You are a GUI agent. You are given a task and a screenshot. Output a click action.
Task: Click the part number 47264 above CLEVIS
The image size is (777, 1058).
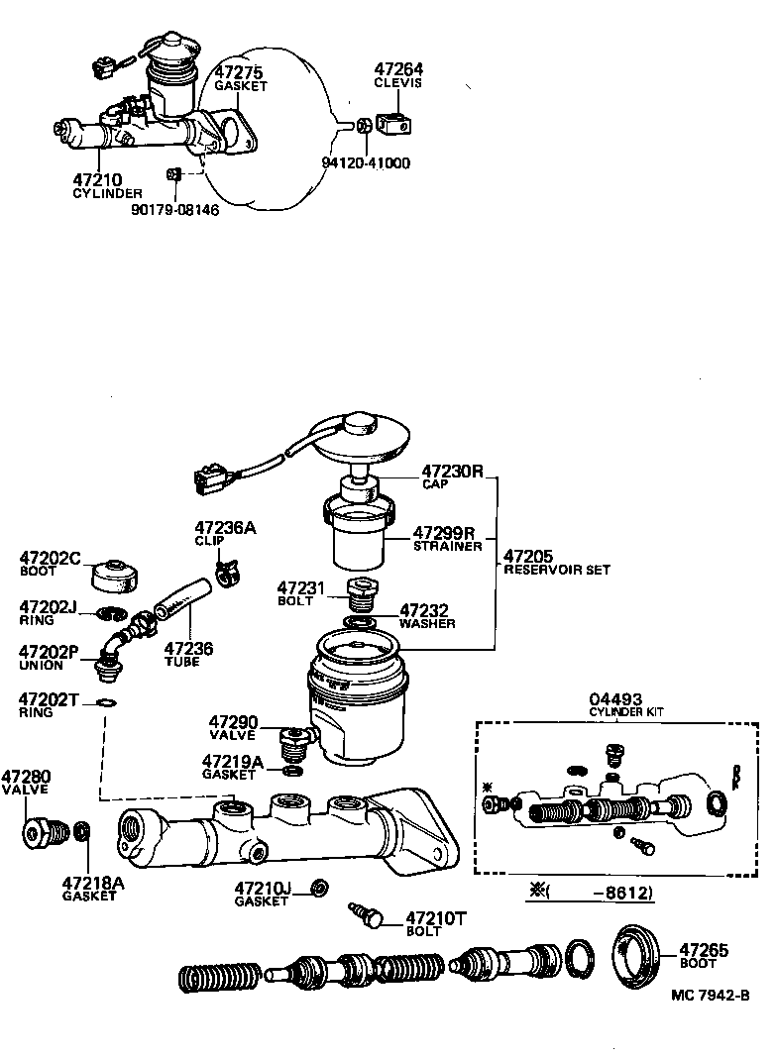point(397,69)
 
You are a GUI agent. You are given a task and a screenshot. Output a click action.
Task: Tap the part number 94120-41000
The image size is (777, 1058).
point(367,163)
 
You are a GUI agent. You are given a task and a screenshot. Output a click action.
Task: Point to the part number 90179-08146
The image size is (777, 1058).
point(174,210)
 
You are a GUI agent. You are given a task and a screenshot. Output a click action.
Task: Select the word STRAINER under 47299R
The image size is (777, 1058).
point(447,546)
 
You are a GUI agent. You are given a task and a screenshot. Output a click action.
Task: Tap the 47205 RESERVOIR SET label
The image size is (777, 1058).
point(555,563)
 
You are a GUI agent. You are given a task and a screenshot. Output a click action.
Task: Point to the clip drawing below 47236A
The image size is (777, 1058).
point(228,573)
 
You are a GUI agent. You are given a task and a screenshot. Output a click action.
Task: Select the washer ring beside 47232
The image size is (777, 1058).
point(360,622)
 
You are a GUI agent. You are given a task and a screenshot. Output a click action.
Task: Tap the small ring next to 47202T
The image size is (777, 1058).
point(104,703)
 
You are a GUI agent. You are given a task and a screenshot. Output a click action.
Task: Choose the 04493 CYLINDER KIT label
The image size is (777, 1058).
point(626,704)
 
